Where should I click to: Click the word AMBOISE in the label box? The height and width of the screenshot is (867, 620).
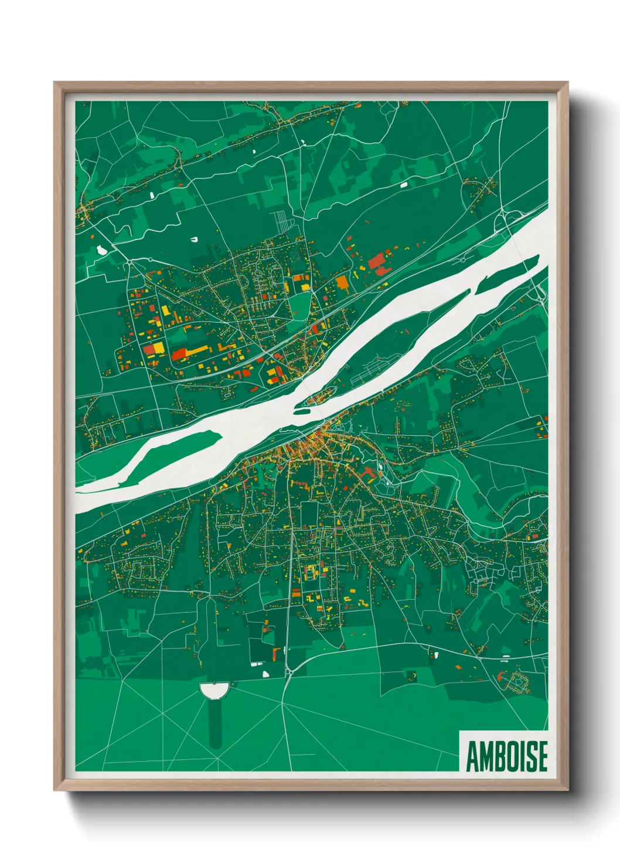(x=507, y=756)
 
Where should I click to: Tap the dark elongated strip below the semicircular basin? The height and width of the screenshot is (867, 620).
(x=215, y=723)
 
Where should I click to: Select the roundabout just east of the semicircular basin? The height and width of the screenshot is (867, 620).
(x=288, y=673)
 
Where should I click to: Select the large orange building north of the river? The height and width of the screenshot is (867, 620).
(x=342, y=284)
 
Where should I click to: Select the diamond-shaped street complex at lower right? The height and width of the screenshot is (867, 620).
(x=518, y=682)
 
